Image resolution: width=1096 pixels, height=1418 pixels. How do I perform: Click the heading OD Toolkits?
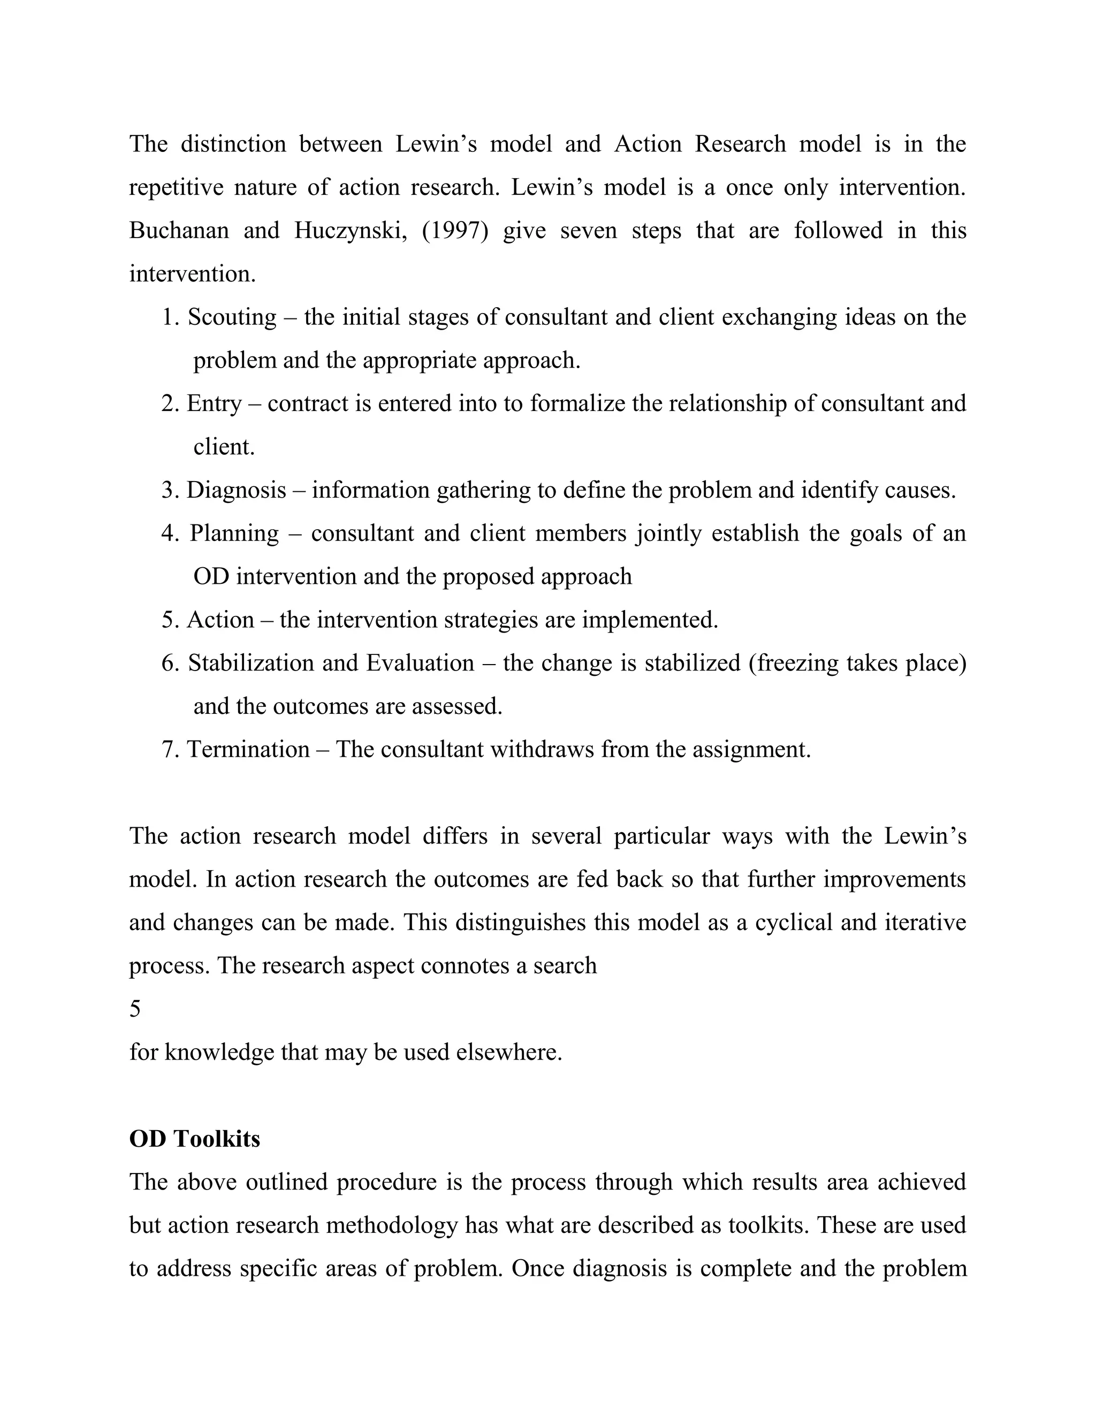pyautogui.click(x=194, y=1139)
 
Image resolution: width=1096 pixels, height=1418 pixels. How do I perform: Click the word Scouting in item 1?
pyautogui.click(x=232, y=317)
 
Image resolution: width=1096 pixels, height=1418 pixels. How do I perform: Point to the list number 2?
pyautogui.click(x=170, y=404)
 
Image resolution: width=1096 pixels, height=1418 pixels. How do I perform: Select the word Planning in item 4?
pyautogui.click(x=234, y=533)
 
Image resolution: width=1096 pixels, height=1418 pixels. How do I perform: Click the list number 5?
pyautogui.click(x=170, y=620)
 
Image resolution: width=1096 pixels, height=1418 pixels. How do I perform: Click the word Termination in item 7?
pyautogui.click(x=248, y=750)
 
